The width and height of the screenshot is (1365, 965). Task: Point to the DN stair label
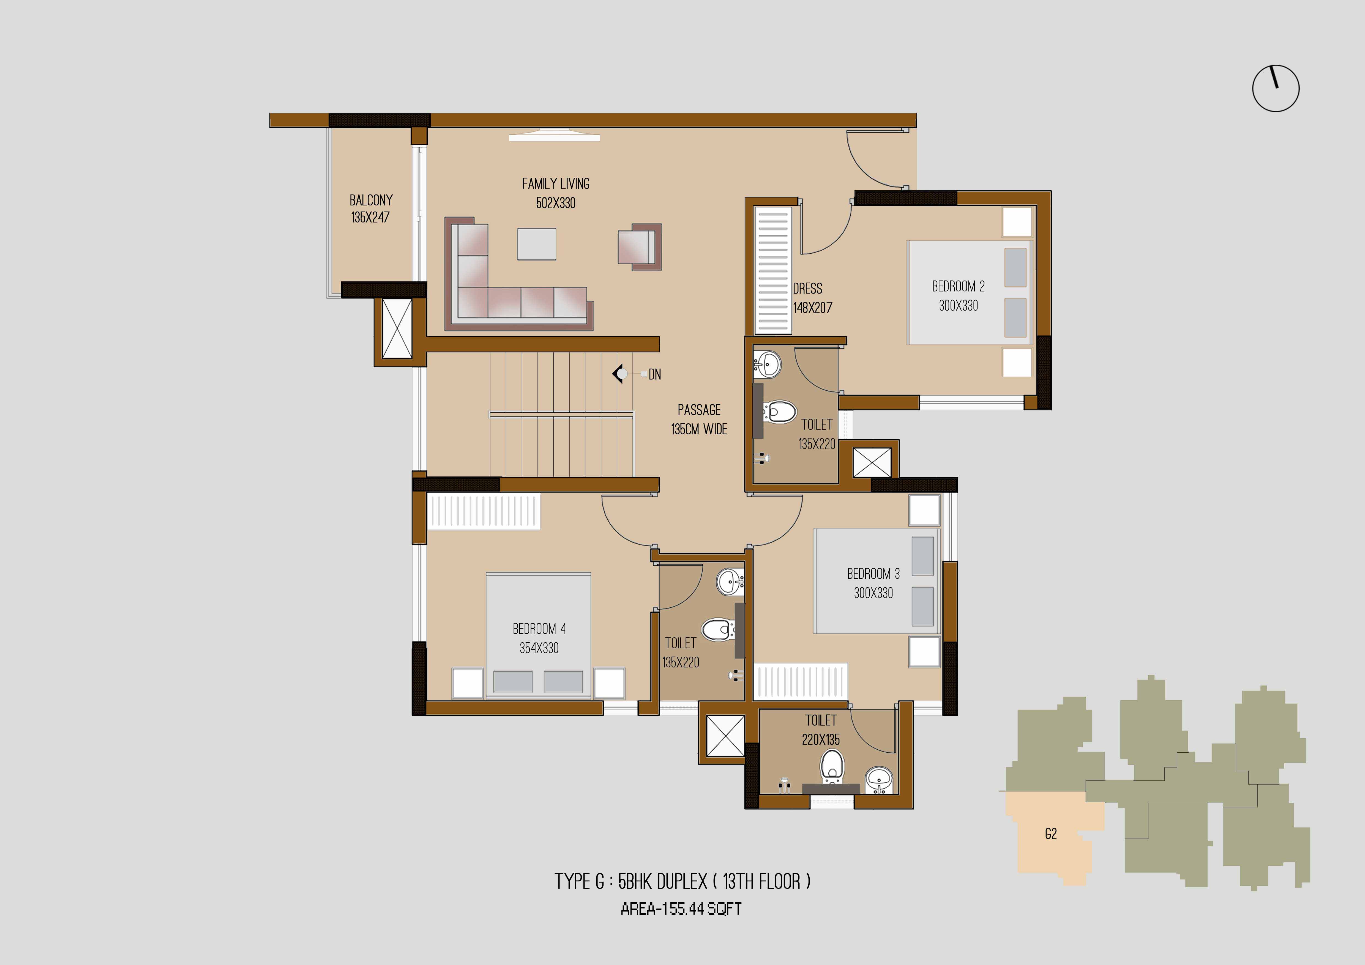pyautogui.click(x=654, y=374)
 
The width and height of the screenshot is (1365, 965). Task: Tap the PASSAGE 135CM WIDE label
pyautogui.click(x=699, y=420)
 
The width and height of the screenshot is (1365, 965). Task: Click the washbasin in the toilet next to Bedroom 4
pyautogui.click(x=730, y=582)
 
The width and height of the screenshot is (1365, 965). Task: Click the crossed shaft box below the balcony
pyautogui.click(x=397, y=329)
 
